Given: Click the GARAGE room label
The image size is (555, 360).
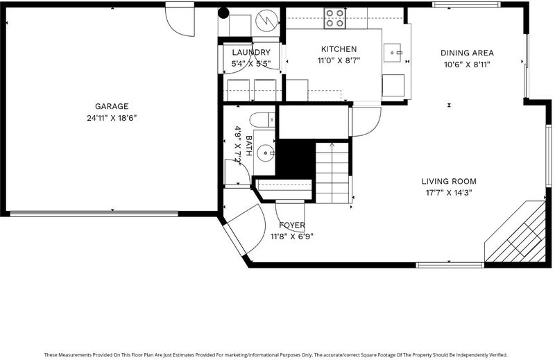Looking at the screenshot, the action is coord(112,106).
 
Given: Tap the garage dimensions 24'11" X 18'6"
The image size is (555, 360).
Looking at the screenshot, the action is coord(112,118).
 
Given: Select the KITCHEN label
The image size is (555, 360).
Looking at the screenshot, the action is coord(339,49).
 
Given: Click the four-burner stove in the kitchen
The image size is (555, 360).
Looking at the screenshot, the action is coord(335,18).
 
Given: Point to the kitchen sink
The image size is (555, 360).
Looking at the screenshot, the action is coord(393,53).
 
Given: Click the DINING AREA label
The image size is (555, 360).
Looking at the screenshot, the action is coord(467,53).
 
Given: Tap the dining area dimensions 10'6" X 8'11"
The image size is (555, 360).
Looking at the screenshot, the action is coord(467,65).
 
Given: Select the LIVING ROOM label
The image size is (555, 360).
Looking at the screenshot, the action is coord(449,182).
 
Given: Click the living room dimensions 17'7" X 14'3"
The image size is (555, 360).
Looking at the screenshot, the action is coord(449,193).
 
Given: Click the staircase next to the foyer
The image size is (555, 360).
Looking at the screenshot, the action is coord(332,173).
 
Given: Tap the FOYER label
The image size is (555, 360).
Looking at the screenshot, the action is coord(291,225).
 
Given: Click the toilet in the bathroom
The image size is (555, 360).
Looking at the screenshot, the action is coord(262,120).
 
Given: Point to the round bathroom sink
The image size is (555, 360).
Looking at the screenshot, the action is coord(265,153).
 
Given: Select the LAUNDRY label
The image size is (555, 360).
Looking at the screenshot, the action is coord(251,53).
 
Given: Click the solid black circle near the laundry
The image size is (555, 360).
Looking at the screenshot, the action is coord(223,13).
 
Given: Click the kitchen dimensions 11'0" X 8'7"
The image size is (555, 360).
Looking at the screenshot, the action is coord(339,61).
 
